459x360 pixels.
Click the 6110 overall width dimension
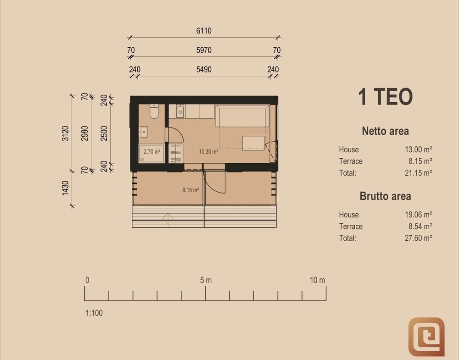click(x=204, y=31)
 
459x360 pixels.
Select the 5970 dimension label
click(x=204, y=50)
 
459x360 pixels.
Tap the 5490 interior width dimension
click(x=204, y=69)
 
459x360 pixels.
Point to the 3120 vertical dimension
click(x=65, y=133)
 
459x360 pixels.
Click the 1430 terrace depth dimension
click(x=65, y=188)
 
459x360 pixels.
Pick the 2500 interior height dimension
click(x=104, y=133)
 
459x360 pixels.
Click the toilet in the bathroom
click(x=154, y=111)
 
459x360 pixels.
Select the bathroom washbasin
click(x=143, y=132)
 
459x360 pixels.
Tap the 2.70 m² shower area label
click(x=152, y=152)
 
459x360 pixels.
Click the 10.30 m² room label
click(x=208, y=152)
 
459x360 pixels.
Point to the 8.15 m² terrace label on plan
click(x=190, y=190)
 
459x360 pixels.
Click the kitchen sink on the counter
click(x=180, y=111)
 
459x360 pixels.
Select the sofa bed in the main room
click(x=242, y=116)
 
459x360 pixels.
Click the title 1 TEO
click(x=385, y=96)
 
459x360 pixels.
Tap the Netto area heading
click(x=385, y=131)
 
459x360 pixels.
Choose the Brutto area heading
click(x=385, y=196)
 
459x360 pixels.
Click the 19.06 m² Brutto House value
click(x=418, y=215)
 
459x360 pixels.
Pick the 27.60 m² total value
click(x=418, y=238)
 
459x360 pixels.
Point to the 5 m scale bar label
click(x=206, y=280)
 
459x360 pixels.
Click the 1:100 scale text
click(x=94, y=313)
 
